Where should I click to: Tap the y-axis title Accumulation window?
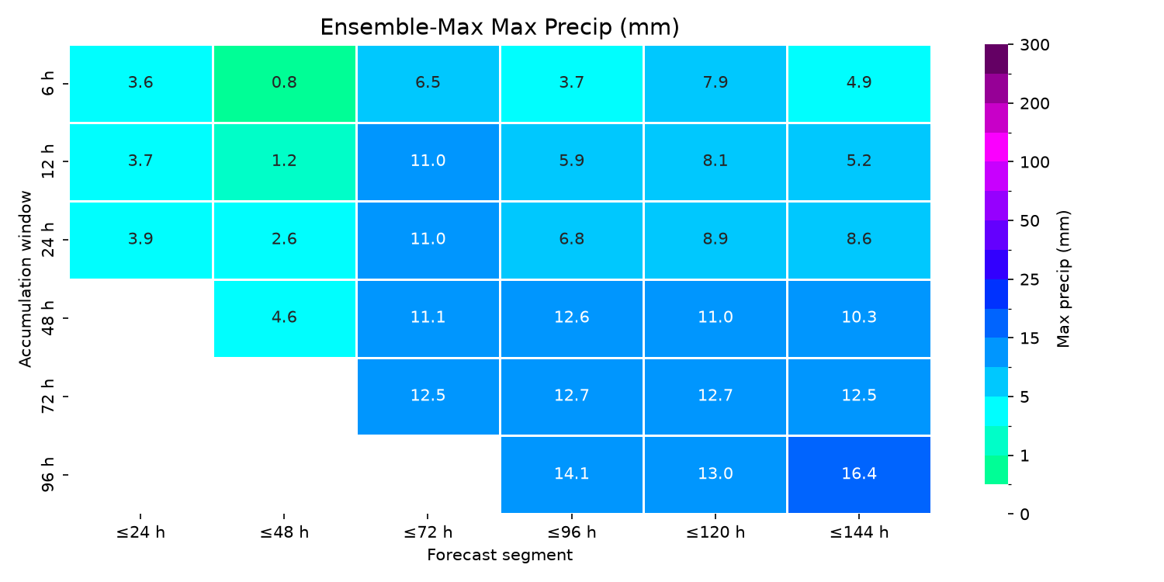(x=25, y=279)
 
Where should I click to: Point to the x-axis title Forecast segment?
(x=500, y=555)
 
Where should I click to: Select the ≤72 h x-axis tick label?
(x=428, y=532)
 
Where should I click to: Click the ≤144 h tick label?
(x=859, y=532)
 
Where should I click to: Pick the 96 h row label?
(x=47, y=475)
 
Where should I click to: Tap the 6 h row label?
(x=47, y=84)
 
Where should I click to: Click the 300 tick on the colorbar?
(x=1034, y=45)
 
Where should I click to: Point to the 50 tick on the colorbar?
(x=1030, y=221)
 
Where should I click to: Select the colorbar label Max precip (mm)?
(x=1063, y=279)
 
